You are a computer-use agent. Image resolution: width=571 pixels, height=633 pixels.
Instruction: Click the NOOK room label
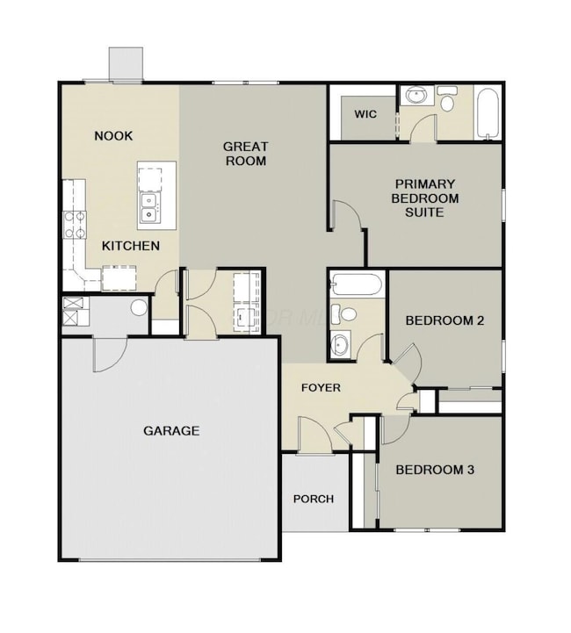[113, 136]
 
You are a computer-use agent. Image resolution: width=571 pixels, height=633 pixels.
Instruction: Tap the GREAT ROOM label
[245, 154]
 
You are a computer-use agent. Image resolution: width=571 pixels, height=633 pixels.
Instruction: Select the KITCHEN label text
[131, 246]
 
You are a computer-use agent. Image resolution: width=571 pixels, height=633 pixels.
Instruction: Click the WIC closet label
[365, 115]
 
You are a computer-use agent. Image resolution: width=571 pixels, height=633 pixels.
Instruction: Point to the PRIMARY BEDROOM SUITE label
[424, 198]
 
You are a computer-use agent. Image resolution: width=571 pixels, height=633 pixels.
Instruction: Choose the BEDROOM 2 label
[445, 320]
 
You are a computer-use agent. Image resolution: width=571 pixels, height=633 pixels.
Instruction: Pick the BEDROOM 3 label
[435, 470]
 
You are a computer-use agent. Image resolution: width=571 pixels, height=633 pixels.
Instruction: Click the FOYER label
[321, 387]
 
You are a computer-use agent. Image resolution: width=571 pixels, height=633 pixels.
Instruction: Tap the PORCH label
[314, 499]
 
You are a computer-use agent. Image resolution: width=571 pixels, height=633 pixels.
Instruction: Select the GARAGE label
[171, 430]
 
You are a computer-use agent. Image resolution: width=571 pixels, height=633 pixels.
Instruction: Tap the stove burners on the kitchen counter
[73, 225]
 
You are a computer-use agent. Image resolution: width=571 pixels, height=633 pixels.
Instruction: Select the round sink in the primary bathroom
[413, 97]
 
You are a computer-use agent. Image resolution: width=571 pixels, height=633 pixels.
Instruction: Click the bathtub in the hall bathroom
[358, 285]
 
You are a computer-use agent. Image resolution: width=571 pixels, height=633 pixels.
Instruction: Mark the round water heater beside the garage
[138, 308]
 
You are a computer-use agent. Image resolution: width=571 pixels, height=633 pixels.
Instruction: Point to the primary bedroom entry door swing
[348, 219]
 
